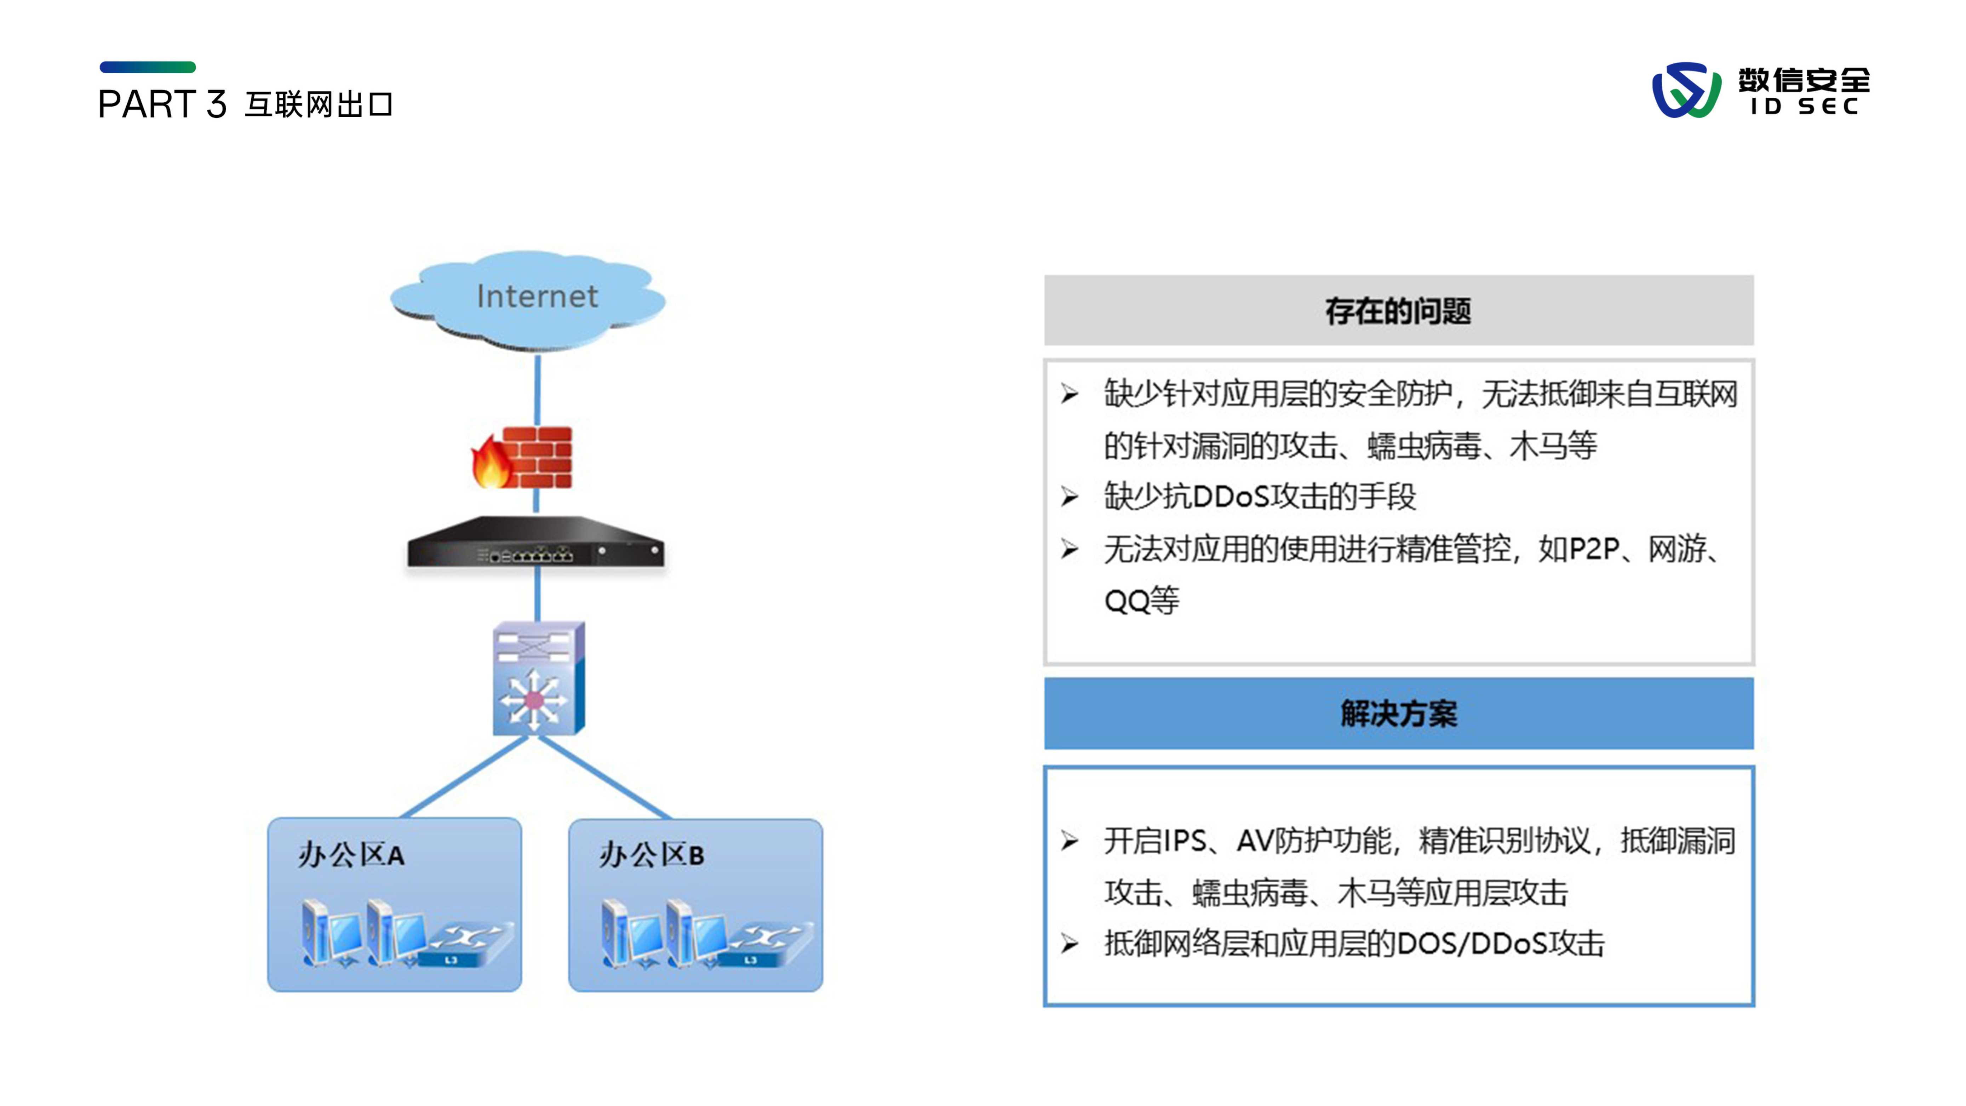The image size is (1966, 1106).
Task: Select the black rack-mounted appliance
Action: point(536,544)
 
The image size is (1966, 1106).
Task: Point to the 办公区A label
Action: point(351,855)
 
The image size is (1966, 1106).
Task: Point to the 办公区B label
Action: point(651,855)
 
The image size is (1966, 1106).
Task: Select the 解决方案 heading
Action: point(1398,714)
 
